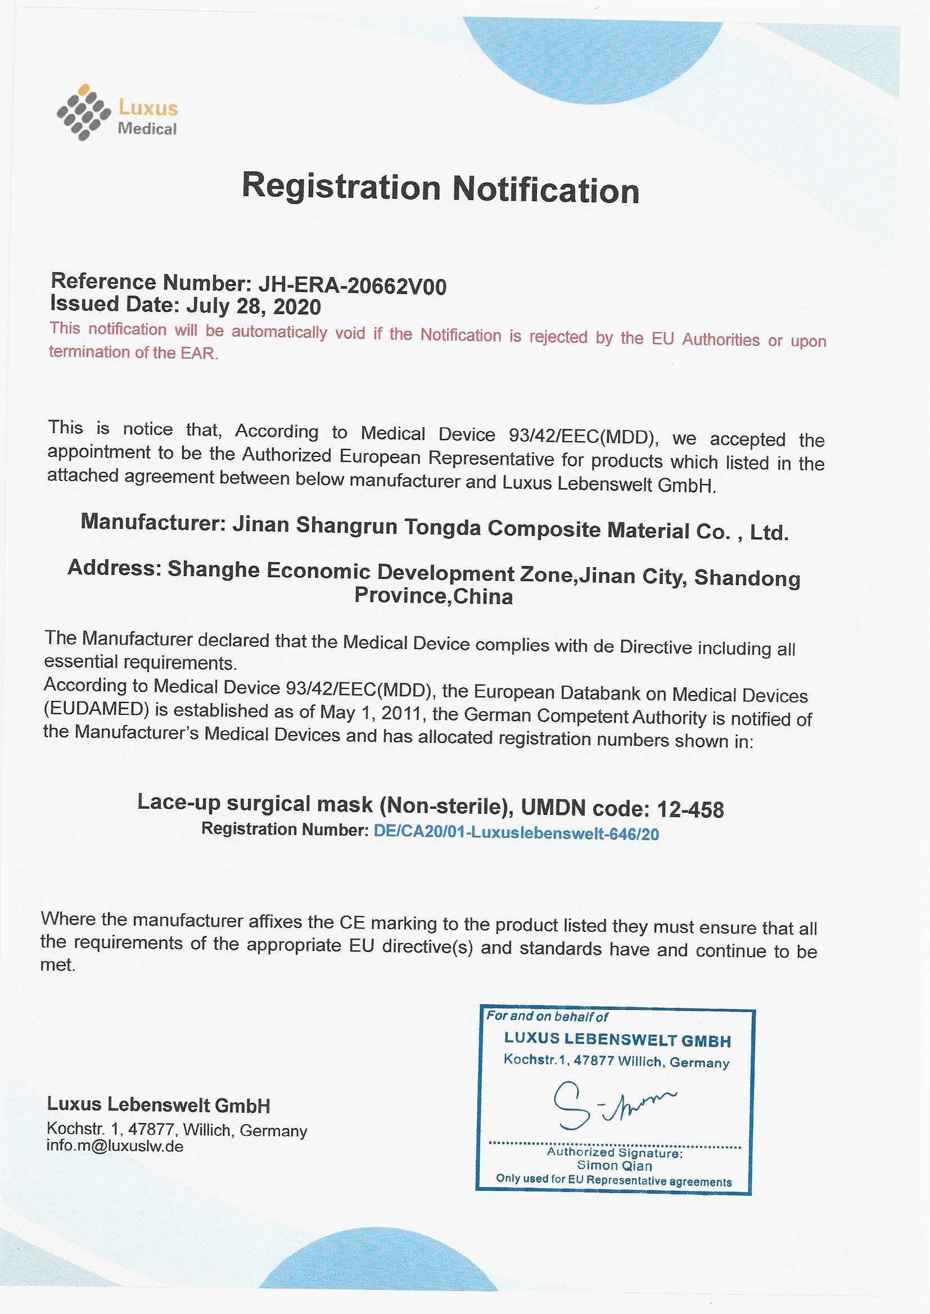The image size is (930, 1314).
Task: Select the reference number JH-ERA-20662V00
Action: (x=352, y=285)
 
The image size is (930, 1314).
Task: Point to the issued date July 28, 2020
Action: (x=253, y=307)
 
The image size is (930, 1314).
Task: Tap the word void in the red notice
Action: (x=350, y=333)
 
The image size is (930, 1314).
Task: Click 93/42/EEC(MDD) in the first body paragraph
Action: (x=582, y=436)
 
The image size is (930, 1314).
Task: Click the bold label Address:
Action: (x=114, y=568)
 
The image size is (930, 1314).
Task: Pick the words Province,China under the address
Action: (x=434, y=596)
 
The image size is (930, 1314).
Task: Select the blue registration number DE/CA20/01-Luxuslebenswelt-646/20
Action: (x=516, y=833)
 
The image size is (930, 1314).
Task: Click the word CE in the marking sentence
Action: (x=352, y=922)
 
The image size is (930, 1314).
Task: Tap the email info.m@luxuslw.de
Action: (x=115, y=1147)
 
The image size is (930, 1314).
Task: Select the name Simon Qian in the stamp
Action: (x=614, y=1165)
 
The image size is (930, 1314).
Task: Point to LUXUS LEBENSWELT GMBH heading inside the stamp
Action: (x=617, y=1040)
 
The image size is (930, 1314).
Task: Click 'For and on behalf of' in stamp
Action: (x=547, y=1016)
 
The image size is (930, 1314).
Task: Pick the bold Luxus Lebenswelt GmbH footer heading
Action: (x=158, y=1105)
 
